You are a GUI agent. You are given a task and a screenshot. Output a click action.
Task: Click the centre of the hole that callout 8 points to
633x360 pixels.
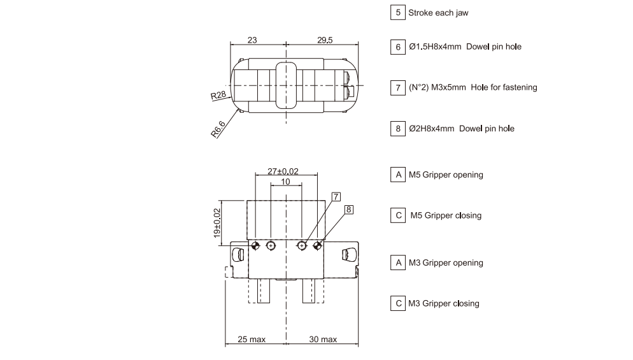[x=317, y=245]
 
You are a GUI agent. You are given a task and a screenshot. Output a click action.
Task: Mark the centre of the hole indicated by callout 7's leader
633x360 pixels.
[x=302, y=245]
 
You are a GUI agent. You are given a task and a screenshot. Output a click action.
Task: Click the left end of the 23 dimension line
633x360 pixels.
[x=231, y=44]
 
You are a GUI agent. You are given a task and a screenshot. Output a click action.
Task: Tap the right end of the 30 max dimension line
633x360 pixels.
[x=358, y=344]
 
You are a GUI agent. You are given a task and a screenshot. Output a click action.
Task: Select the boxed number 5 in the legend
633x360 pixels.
[x=397, y=13]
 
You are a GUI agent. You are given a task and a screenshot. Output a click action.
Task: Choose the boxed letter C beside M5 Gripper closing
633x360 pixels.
[x=398, y=215]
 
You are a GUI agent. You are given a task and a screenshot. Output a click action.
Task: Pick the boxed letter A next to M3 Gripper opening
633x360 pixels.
[x=398, y=263]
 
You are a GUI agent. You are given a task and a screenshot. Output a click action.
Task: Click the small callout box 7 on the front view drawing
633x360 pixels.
[x=336, y=197]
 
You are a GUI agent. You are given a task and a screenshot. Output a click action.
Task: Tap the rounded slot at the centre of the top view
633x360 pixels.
[x=286, y=85]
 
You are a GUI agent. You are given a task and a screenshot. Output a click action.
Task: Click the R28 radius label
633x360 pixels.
[x=218, y=96]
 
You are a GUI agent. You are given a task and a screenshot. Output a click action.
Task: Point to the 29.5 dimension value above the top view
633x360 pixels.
[x=325, y=40]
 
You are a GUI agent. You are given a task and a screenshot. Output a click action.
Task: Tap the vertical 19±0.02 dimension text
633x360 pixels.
[x=217, y=222]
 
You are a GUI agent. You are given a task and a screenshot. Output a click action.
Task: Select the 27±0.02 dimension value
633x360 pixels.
[x=283, y=171]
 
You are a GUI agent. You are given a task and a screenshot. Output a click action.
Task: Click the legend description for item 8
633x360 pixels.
[x=462, y=129]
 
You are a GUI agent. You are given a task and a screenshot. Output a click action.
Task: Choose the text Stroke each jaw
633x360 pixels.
[x=438, y=13]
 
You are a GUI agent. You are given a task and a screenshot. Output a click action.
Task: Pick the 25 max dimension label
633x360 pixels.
[x=252, y=340]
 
